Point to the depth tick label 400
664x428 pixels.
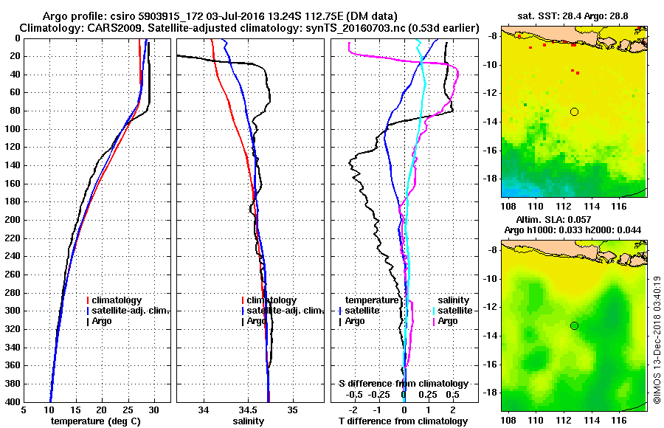(13, 401)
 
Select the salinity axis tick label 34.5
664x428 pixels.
(248, 410)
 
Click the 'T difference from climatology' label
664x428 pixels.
(404, 421)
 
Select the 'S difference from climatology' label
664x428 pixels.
(404, 384)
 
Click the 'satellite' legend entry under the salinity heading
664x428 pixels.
(456, 311)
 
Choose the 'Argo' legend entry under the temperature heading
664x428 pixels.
(354, 321)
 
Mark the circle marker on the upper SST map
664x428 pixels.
(574, 111)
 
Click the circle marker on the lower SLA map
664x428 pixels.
(574, 325)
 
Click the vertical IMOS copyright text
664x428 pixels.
(657, 339)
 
